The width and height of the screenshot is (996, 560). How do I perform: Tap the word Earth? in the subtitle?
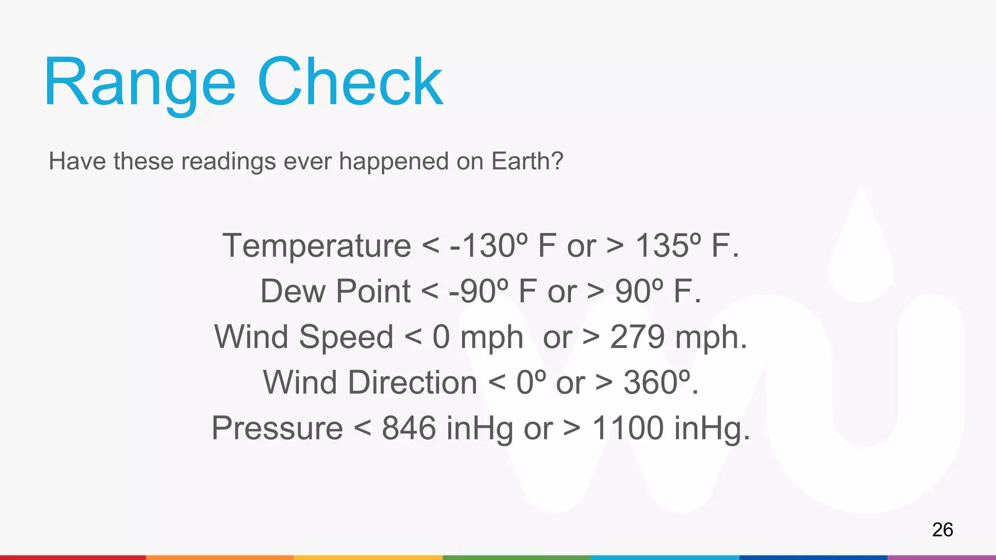(x=527, y=161)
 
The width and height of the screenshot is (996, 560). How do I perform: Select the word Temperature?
(x=317, y=245)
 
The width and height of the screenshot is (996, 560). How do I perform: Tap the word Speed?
(x=346, y=337)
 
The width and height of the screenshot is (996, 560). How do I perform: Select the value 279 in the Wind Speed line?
(x=637, y=337)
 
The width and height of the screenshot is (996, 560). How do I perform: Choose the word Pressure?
(x=277, y=428)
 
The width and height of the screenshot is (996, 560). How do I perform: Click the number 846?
(x=409, y=428)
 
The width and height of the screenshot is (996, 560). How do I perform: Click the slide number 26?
(x=942, y=529)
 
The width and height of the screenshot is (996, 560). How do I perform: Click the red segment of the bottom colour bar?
(x=73, y=557)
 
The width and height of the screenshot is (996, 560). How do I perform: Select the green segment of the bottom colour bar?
(x=516, y=557)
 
